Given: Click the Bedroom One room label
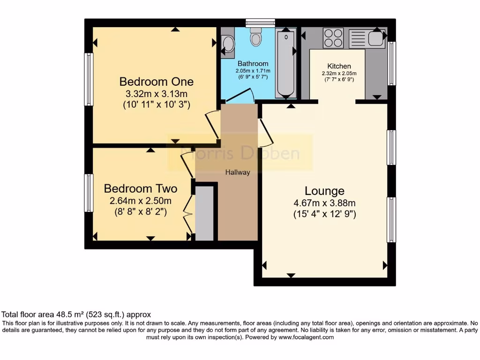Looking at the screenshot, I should click(156, 82).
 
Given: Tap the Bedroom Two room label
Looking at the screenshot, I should click(141, 189).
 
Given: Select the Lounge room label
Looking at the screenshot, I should click(324, 191).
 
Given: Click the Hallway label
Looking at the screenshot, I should click(238, 172).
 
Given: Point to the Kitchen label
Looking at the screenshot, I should click(339, 66).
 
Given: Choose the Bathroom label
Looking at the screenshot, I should click(253, 64).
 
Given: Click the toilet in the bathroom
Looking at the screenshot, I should click(256, 36).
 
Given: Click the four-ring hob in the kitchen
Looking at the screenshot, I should click(333, 38).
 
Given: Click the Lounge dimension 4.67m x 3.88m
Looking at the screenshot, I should click(324, 203).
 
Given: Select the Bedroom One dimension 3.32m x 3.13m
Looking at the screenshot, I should click(156, 94).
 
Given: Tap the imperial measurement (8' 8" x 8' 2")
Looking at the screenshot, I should click(141, 211).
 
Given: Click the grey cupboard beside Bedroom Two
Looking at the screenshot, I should click(204, 213).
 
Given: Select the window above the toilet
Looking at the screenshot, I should click(260, 22).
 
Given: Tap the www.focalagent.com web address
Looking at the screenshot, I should click(306, 337).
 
